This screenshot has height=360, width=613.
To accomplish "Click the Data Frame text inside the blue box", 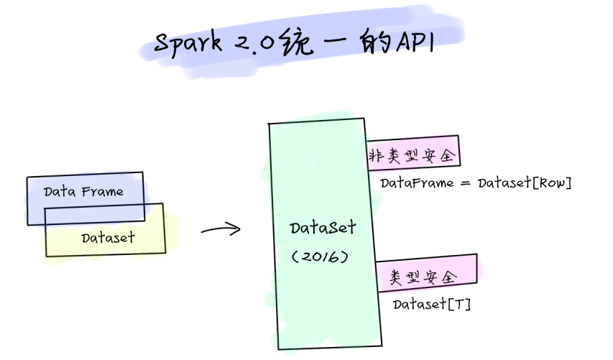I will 83,192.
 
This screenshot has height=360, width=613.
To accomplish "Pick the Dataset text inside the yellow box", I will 108,237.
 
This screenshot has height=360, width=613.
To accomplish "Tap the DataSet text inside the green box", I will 323,228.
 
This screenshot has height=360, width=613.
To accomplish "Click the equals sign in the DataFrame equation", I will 464,183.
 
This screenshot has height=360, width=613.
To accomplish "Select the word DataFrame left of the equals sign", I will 418,183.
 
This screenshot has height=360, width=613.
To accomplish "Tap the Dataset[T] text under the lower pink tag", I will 431,305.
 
